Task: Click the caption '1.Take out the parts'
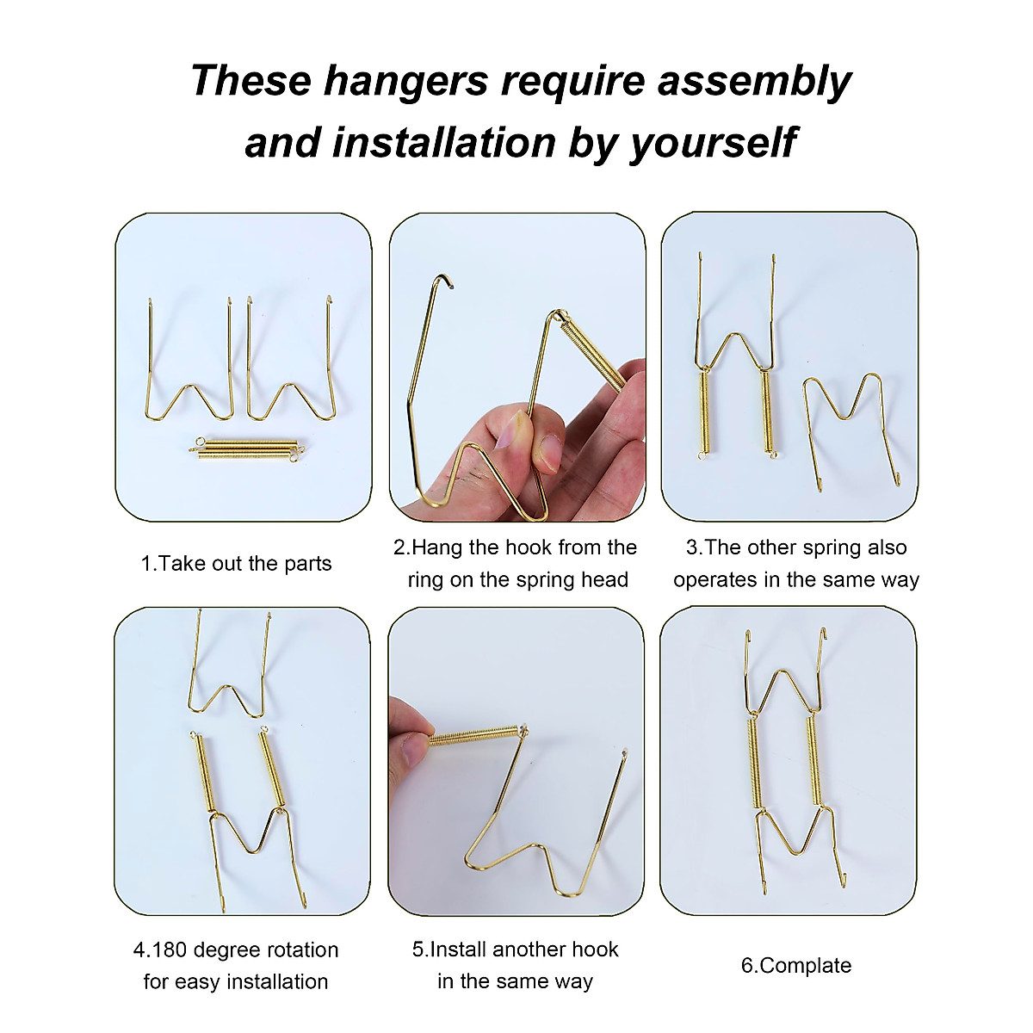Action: (x=236, y=564)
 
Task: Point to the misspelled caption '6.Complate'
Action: (x=796, y=965)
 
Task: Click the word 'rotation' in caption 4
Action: (x=296, y=949)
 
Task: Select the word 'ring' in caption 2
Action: (x=425, y=579)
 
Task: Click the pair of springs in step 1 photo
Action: (x=246, y=448)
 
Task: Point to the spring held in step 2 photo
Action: (x=595, y=353)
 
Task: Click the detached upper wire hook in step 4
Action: (x=229, y=671)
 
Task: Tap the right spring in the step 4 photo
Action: (x=271, y=766)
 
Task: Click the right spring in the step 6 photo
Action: (x=814, y=758)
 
